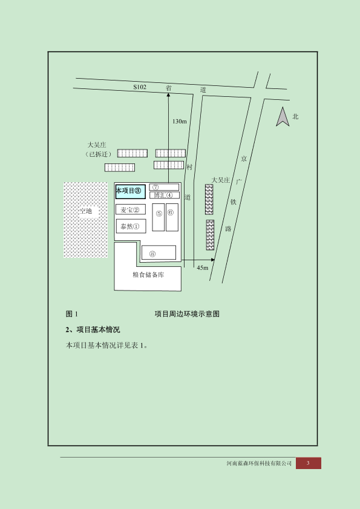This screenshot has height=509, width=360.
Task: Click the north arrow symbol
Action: (283, 117)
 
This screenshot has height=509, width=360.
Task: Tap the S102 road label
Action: (140, 87)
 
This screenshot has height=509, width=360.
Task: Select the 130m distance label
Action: (180, 122)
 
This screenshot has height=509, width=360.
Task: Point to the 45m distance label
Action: (203, 268)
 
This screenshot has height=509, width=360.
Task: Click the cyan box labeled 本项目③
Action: (131, 191)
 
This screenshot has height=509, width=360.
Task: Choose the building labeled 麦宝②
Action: (131, 209)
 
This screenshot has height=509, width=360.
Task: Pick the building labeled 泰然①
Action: (131, 226)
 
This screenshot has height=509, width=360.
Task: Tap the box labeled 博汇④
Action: (165, 195)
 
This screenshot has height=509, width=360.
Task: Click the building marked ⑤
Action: (159, 217)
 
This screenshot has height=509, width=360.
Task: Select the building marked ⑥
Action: (172, 217)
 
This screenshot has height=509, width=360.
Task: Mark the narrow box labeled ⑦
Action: (164, 187)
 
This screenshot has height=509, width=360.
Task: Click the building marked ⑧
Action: (159, 252)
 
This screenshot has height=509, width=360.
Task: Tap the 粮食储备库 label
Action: (148, 275)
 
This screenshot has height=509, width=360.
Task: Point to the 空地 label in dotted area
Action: (86, 211)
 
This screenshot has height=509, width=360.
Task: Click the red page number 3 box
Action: (309, 463)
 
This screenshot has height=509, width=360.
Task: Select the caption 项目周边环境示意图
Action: (187, 314)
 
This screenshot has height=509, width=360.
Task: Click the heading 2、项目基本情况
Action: (93, 329)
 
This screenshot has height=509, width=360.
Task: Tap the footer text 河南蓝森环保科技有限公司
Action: (259, 463)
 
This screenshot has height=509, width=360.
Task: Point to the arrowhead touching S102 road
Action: (168, 95)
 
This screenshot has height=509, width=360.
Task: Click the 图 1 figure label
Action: (72, 314)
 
